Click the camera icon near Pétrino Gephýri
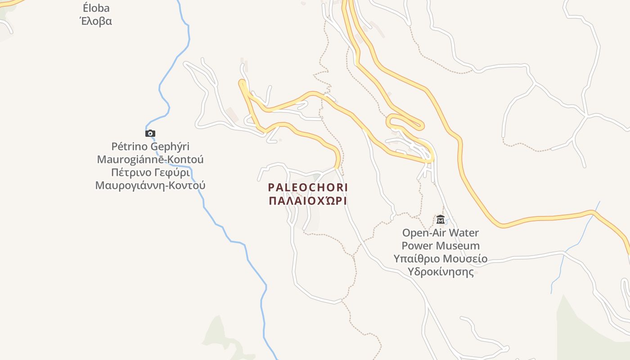point(150,133)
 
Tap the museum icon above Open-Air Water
point(441,220)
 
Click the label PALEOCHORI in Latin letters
point(308,187)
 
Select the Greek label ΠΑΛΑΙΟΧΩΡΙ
point(308,201)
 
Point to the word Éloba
point(96,8)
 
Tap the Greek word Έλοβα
point(96,21)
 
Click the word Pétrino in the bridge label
point(130,147)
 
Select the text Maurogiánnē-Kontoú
point(150,160)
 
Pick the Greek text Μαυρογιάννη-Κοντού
point(150,185)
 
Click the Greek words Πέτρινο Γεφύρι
point(150,173)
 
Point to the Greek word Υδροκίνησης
point(441,272)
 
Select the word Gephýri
point(170,147)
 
